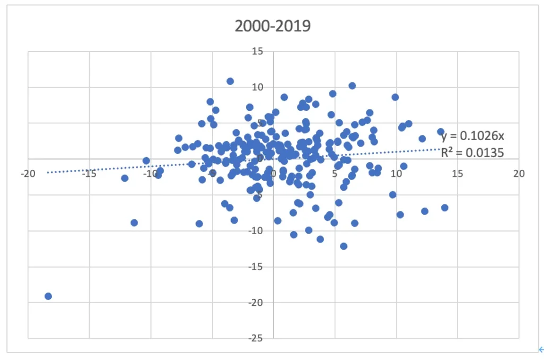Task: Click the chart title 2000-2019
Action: coord(273,26)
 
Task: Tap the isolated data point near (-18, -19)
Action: coord(48,296)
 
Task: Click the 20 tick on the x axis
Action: coord(518,174)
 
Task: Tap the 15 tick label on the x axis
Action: coord(457,174)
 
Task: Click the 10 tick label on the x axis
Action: coord(396,174)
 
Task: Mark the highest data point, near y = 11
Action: coord(230,81)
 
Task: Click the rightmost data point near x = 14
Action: coord(445,208)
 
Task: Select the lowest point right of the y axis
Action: coord(344,246)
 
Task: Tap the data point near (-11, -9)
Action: coord(134,222)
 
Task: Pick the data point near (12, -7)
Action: coord(424,211)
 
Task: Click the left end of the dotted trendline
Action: coord(48,172)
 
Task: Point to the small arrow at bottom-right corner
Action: coord(541,349)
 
